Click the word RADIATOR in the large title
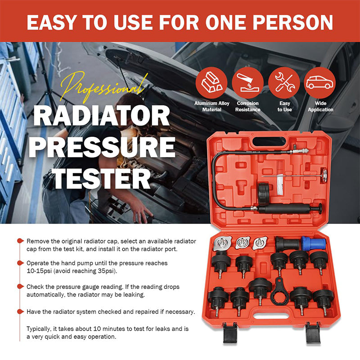pos(102,116)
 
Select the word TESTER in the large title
pos(102,179)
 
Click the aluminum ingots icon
pos(211,83)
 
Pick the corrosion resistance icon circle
pos(248,83)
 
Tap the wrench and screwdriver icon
pos(284,83)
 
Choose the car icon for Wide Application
pos(320,83)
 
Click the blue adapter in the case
pos(314,243)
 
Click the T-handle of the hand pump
pos(319,209)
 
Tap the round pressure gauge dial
pos(324,175)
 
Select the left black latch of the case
pos(230,333)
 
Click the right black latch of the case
pos(313,333)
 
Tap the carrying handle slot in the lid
pos(269,141)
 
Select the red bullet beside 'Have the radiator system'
pos(20,311)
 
